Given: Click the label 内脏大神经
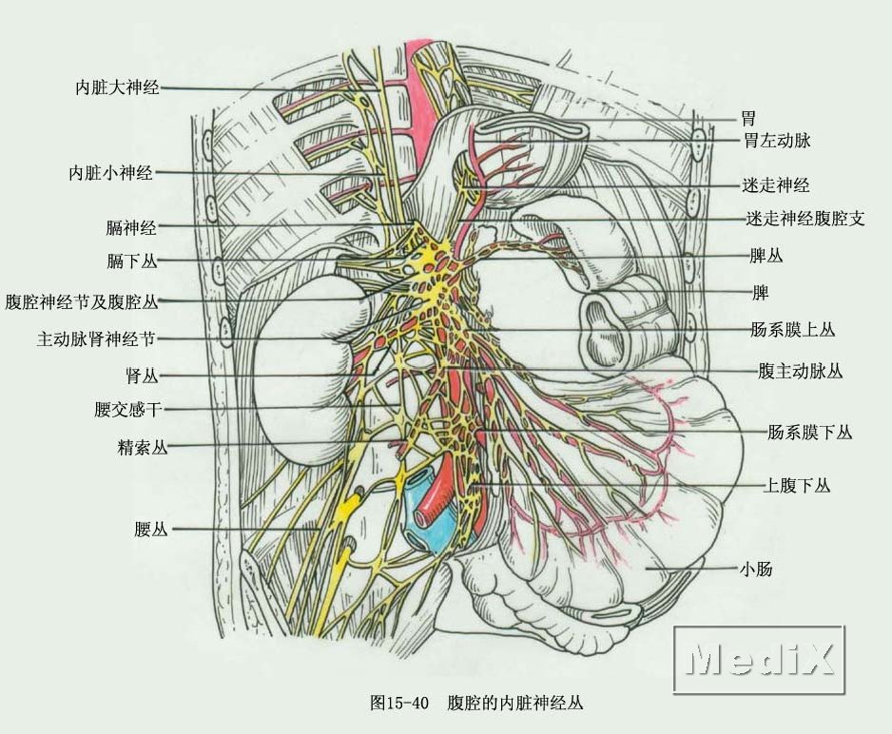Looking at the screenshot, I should (117, 87).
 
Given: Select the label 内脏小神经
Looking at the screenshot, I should (110, 173).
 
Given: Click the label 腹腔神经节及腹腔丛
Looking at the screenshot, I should (82, 301).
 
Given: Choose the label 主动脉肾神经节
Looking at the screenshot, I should (96, 338).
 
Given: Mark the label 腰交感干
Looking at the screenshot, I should (129, 410).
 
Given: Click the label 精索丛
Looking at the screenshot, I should (143, 448).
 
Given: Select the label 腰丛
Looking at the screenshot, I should (151, 530).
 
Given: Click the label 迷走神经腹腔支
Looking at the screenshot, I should (805, 218).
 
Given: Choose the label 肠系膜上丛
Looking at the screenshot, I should (792, 330).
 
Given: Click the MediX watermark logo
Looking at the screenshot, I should (759, 658).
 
